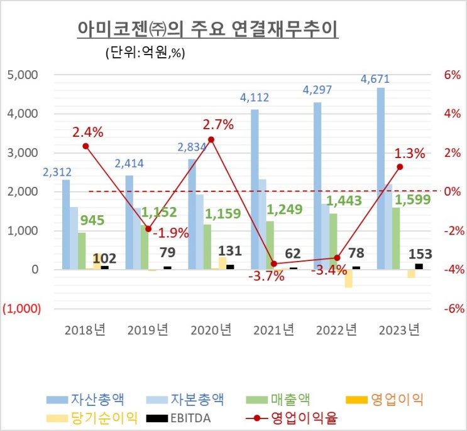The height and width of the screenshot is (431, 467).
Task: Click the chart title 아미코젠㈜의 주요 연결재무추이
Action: tap(207, 29)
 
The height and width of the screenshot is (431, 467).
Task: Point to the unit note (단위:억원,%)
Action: tap(145, 53)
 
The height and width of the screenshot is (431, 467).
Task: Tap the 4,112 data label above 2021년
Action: tap(255, 98)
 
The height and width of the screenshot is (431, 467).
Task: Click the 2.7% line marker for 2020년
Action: tap(211, 139)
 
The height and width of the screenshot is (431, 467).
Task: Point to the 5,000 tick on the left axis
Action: tap(23, 75)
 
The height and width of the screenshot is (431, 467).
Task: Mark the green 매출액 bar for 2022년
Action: tap(333, 242)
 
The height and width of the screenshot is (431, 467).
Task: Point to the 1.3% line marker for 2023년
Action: tap(400, 167)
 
